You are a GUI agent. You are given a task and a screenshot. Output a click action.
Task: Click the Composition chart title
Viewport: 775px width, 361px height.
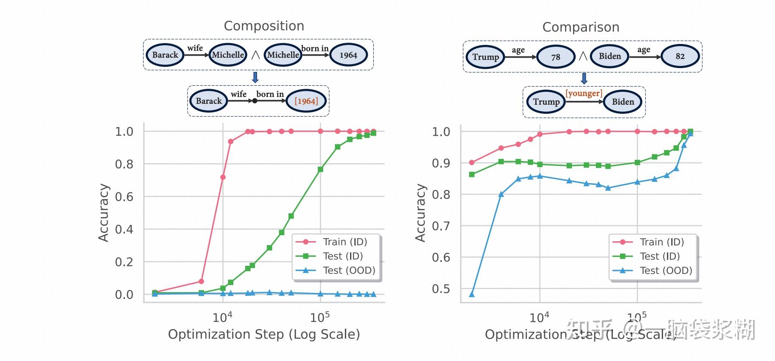click(264, 26)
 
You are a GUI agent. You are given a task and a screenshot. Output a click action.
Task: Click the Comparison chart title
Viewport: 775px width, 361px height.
click(580, 27)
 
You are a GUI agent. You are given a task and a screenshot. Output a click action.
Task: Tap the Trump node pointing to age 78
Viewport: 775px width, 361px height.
click(485, 57)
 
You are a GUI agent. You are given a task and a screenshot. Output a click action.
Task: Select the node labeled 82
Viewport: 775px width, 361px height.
click(680, 56)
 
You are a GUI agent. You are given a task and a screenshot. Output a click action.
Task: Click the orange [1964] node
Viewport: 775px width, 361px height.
click(306, 101)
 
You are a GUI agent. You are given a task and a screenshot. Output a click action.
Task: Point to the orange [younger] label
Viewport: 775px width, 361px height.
click(583, 93)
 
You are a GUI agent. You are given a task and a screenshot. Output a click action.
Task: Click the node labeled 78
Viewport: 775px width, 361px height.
click(555, 57)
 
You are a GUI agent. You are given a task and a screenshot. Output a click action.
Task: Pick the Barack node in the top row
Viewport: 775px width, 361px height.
click(165, 55)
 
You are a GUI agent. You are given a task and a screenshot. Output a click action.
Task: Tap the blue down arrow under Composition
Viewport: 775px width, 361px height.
click(255, 78)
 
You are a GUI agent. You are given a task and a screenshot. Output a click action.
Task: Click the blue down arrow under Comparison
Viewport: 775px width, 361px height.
click(584, 78)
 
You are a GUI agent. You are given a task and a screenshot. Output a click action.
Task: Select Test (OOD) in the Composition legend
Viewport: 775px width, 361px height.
click(349, 271)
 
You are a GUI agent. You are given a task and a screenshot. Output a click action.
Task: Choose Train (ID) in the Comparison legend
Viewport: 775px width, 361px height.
click(661, 242)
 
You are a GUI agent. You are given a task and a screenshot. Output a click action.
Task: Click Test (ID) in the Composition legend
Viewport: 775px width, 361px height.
click(343, 256)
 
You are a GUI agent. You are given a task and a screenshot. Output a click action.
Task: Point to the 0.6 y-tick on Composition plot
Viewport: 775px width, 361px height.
click(124, 197)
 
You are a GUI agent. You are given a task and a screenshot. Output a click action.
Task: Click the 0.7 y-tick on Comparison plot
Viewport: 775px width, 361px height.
click(441, 226)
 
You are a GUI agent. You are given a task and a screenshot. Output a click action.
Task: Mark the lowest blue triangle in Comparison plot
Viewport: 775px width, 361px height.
click(471, 294)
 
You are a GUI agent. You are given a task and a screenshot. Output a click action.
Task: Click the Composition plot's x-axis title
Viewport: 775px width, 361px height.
click(263, 334)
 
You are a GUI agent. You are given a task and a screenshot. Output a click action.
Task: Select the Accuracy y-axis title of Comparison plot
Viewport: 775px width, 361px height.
click(420, 212)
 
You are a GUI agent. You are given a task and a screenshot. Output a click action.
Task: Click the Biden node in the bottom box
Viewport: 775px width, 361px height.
click(623, 102)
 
